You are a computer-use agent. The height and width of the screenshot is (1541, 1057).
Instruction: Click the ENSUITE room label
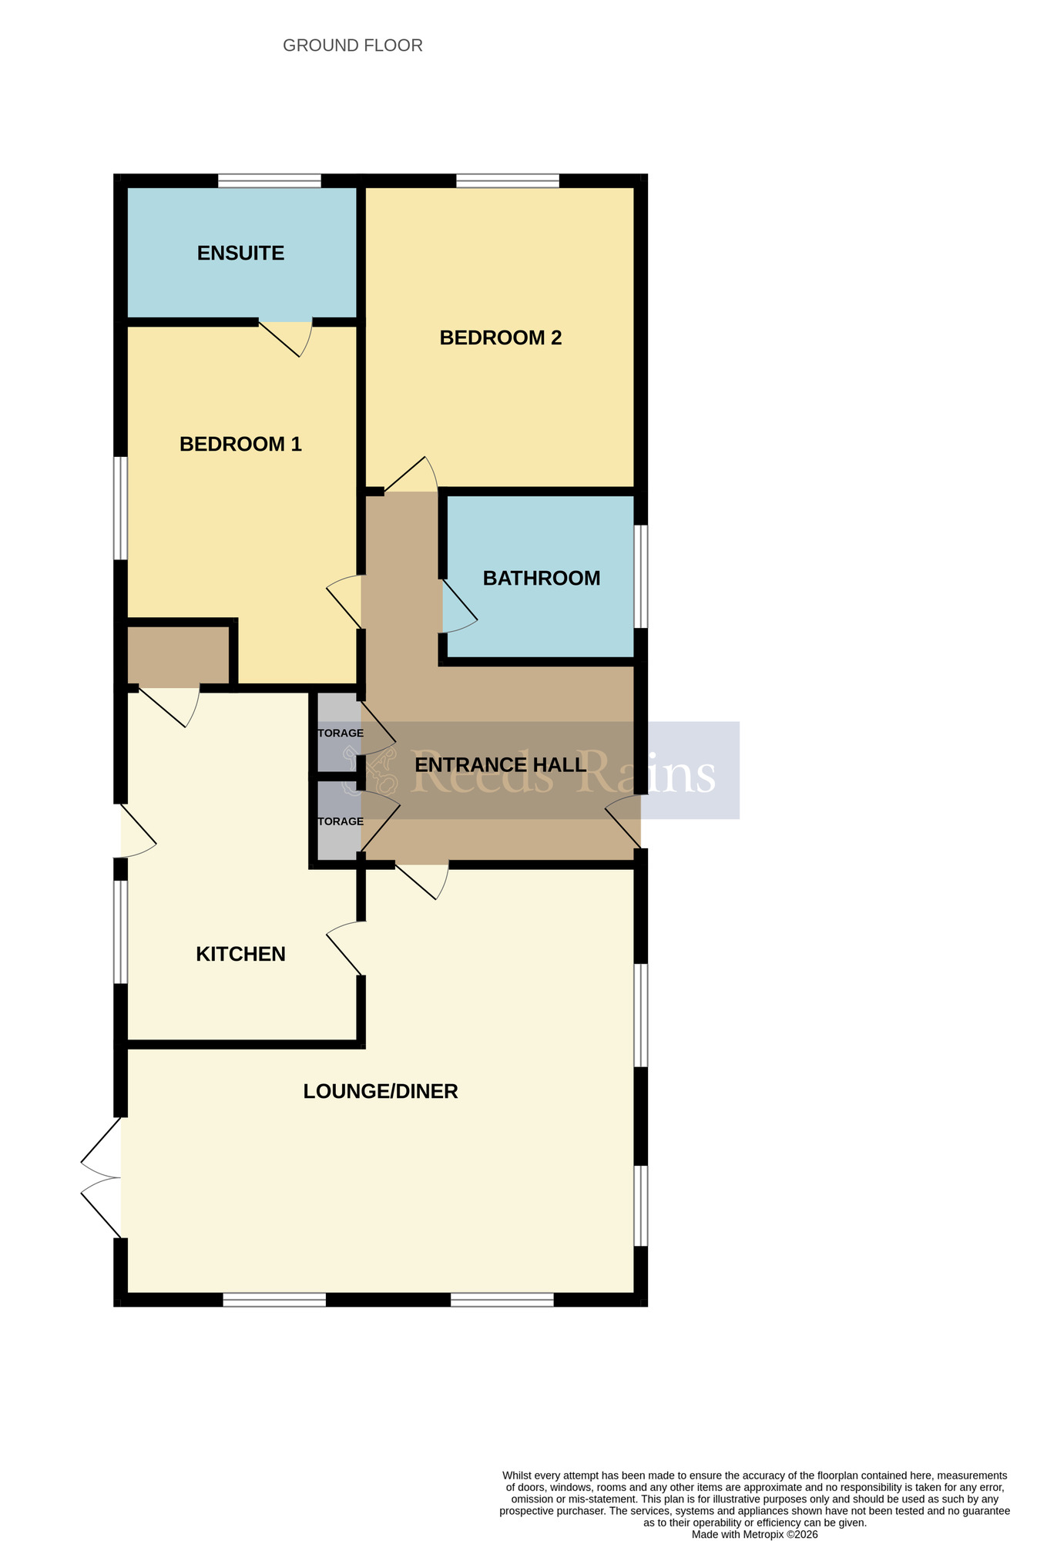240,253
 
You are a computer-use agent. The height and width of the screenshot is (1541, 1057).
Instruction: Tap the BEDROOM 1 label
240,445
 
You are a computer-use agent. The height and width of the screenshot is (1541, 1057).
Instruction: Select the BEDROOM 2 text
500,338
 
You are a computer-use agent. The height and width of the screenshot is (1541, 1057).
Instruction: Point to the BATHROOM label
541,579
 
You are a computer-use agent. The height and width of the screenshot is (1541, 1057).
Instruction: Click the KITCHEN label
240,955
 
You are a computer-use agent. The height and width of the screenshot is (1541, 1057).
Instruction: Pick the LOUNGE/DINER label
381,1092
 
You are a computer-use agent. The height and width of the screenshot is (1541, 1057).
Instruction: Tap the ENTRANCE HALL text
500,765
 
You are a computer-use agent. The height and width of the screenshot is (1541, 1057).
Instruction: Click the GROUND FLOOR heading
352,46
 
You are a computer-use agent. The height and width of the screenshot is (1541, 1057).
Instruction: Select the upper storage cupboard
336,732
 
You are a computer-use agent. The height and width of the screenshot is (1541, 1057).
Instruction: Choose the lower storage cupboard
336,821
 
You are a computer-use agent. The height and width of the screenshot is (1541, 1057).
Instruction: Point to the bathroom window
640,576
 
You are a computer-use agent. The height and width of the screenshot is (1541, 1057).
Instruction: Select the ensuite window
269,181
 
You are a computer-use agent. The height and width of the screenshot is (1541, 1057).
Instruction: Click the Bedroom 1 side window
120,509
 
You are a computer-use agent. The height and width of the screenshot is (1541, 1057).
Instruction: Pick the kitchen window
120,932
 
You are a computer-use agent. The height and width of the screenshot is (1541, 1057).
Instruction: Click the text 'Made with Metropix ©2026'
754,1534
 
